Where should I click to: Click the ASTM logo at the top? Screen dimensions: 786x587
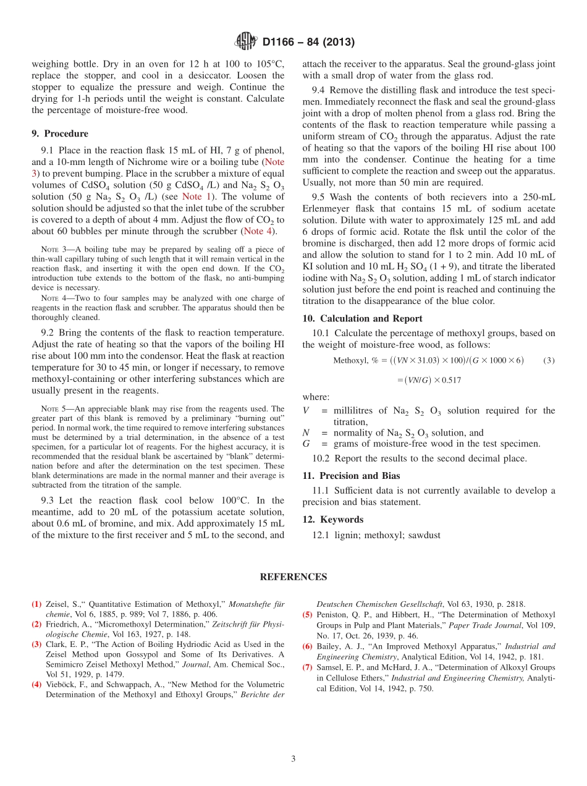click(x=246, y=42)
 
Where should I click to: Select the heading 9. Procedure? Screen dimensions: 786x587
click(x=60, y=133)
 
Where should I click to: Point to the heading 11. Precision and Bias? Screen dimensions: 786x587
click(x=351, y=476)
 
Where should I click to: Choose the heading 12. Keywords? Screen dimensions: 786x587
click(x=332, y=520)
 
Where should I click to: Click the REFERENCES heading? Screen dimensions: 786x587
click(x=293, y=577)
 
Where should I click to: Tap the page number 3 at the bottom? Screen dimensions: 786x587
click(x=293, y=759)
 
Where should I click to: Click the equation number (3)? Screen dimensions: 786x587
click(x=549, y=361)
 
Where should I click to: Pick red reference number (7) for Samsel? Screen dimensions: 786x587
click(x=307, y=667)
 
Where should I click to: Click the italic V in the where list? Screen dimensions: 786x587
click(x=306, y=411)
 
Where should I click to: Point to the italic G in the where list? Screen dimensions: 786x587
click(x=306, y=444)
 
